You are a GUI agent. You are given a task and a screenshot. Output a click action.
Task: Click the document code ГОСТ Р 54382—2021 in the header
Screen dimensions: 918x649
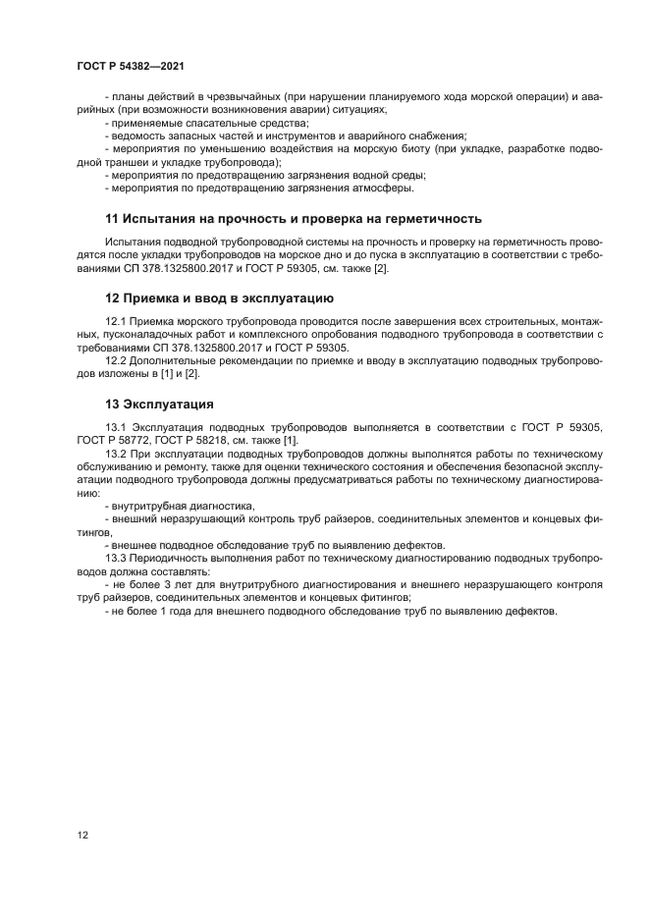tap(131, 67)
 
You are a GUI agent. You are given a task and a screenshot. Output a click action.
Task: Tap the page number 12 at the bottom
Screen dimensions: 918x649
tap(83, 835)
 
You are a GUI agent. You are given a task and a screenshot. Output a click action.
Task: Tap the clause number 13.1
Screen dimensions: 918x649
tap(116, 427)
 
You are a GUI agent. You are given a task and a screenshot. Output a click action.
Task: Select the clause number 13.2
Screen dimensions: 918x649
tap(116, 455)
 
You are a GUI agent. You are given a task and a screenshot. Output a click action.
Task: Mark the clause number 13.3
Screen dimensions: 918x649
tap(116, 558)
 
